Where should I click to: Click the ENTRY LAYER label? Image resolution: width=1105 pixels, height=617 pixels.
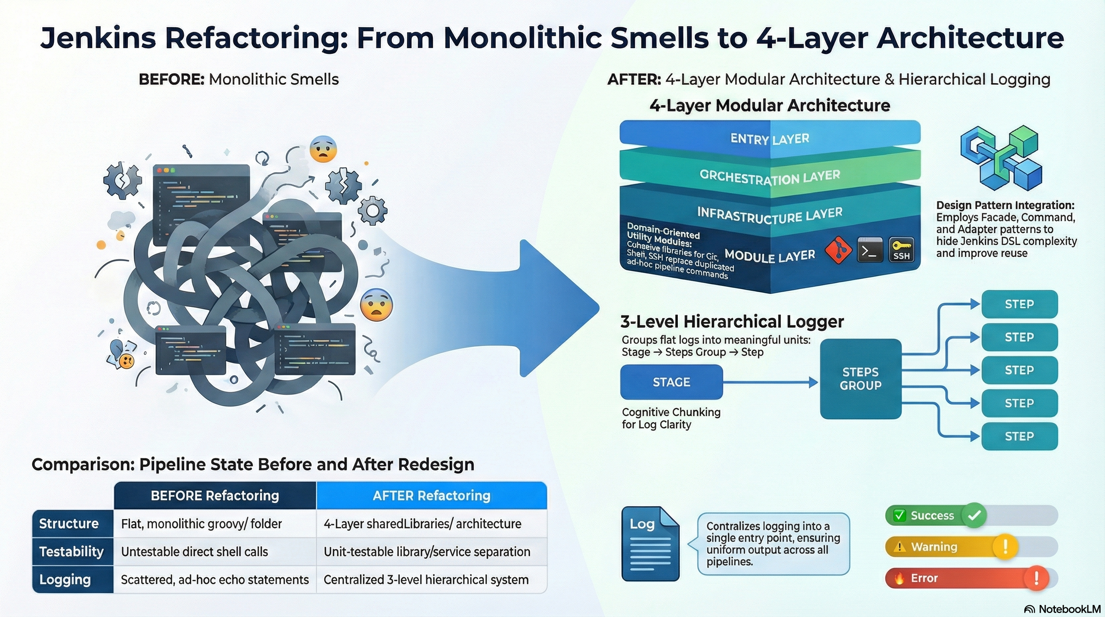pos(770,139)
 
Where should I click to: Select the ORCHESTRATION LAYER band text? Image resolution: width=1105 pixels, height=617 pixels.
pos(770,177)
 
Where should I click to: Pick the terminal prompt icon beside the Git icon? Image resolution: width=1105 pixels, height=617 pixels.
pos(869,250)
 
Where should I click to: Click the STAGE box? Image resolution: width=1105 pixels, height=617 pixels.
pos(671,382)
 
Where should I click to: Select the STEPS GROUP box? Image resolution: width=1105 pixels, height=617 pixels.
pos(860,378)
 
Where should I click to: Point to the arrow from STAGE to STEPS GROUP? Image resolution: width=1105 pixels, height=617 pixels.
pos(770,382)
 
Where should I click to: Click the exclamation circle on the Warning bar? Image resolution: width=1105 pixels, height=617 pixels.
pos(1005,546)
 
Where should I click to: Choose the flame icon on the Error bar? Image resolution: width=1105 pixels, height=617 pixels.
pos(899,578)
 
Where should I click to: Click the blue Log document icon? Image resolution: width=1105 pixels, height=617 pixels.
pos(650,544)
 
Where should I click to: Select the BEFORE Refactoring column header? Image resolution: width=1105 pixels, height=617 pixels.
pos(214,496)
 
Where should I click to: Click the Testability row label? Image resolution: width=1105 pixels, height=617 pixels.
pos(71,552)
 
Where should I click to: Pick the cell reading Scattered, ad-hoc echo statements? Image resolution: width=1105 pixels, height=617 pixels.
pos(214,580)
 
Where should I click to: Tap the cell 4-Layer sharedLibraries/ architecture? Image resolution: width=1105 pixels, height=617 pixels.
pos(422,524)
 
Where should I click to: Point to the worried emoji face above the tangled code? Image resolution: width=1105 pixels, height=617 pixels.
pos(323,149)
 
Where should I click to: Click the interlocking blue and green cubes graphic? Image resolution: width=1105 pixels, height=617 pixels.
pos(1001,158)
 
